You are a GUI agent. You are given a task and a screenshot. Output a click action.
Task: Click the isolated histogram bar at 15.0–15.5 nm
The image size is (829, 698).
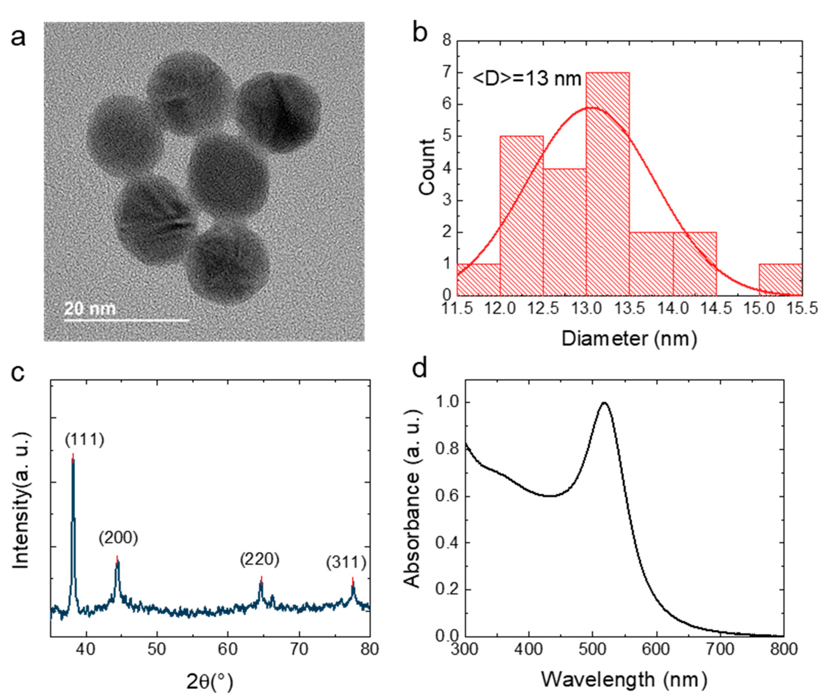(780, 279)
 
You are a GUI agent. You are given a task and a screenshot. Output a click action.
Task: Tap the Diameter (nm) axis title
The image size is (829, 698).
(629, 339)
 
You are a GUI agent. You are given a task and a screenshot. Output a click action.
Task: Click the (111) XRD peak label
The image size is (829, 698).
(85, 439)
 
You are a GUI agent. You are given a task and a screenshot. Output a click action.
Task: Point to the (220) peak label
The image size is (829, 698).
(259, 559)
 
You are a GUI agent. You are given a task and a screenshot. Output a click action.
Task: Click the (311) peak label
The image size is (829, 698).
(346, 562)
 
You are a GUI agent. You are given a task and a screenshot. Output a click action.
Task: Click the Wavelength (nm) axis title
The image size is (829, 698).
(624, 680)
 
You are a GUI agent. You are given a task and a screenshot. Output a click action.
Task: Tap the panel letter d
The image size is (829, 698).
(420, 369)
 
